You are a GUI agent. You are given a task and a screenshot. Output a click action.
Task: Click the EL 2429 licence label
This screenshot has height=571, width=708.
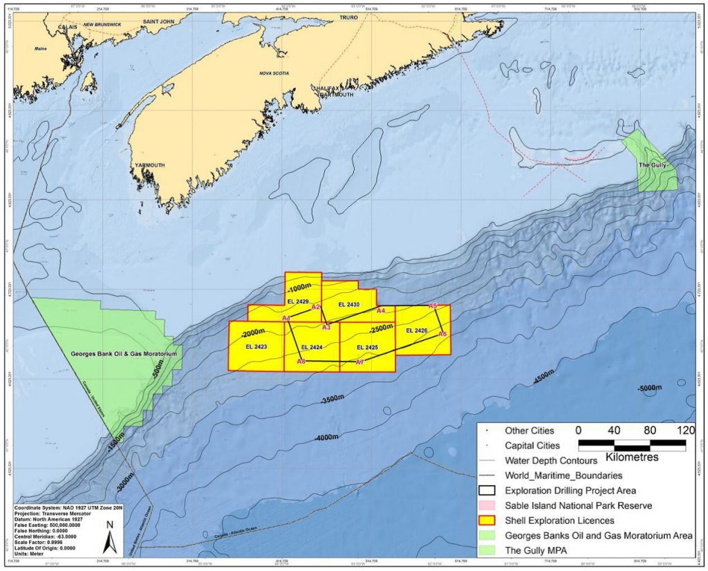[x=297, y=301]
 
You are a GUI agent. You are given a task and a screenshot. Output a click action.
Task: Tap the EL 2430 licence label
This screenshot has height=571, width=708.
[x=349, y=305]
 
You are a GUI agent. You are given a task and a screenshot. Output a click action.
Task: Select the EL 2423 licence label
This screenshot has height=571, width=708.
[x=254, y=346]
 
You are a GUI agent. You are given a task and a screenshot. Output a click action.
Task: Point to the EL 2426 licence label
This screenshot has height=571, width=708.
[x=416, y=331]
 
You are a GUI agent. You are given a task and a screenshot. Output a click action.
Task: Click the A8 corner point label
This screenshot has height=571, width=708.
[x=301, y=362]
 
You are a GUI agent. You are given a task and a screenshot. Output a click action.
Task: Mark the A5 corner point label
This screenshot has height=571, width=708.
[x=434, y=306]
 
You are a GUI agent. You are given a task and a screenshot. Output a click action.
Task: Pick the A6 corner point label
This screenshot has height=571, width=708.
[x=442, y=334]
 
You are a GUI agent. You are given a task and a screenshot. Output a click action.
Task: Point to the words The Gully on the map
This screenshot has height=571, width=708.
[x=651, y=165]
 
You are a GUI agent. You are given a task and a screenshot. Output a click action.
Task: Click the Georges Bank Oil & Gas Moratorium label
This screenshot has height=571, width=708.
[x=124, y=354]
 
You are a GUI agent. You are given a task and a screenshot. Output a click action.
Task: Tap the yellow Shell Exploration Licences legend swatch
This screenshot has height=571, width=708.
[x=490, y=521]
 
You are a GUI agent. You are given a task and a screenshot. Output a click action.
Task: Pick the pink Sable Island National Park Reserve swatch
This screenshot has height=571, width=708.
[x=490, y=506]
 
